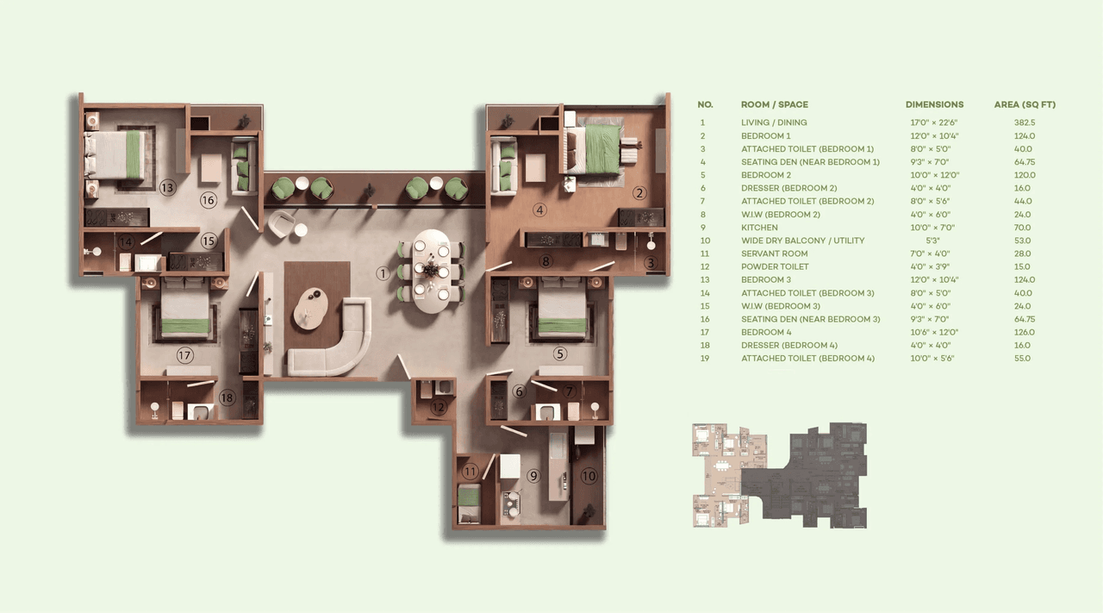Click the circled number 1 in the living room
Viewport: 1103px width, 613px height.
383,273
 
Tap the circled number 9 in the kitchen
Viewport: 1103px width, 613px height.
533,475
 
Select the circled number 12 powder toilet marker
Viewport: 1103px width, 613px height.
439,407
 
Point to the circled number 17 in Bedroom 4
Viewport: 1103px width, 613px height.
184,355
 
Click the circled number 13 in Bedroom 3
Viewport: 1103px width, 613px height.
167,187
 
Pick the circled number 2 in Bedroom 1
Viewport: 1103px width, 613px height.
639,193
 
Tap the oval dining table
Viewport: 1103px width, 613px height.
433,271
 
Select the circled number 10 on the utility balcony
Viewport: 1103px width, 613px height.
589,475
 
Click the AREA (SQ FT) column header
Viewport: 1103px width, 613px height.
1025,104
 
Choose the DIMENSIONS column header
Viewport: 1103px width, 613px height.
934,104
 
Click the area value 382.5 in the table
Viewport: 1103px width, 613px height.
1025,122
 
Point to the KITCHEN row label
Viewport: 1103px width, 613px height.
759,228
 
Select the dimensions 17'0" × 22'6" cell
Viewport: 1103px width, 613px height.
934,122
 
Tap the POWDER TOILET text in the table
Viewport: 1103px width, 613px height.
775,266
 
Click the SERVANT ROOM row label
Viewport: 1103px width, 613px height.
775,253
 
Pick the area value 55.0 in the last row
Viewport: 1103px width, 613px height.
1023,358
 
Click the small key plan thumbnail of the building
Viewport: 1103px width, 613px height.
780,475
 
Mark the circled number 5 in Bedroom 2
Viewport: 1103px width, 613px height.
560,353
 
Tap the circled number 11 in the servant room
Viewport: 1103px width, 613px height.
470,472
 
